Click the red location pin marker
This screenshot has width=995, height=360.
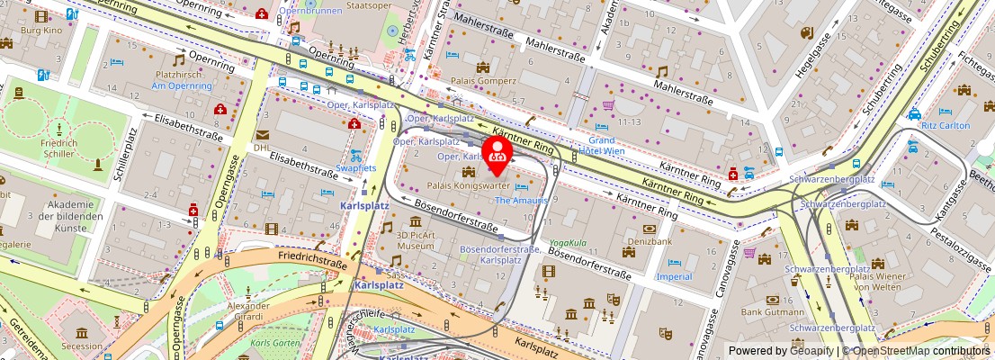click(x=497, y=153)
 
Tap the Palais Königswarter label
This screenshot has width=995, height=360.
click(x=469, y=184)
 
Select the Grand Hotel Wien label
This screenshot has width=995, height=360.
click(x=601, y=145)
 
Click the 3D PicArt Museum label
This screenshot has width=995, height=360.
click(x=416, y=238)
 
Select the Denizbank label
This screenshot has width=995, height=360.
click(x=650, y=242)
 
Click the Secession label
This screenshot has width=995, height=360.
click(x=82, y=346)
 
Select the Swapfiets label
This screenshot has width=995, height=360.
click(x=356, y=167)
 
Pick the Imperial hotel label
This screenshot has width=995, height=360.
click(x=674, y=276)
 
